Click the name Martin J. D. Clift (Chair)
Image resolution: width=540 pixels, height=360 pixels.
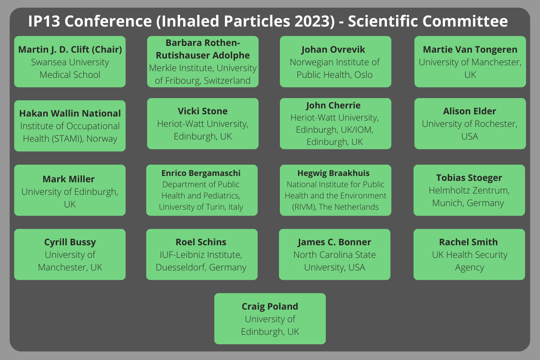click(x=70, y=49)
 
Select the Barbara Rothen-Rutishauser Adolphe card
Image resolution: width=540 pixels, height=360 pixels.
click(x=203, y=62)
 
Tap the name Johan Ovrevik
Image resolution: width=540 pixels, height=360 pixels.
click(x=333, y=49)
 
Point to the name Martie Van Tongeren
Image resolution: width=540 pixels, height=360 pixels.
click(x=470, y=49)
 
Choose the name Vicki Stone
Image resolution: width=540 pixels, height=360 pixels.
click(x=202, y=111)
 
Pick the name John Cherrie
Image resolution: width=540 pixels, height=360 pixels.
click(x=333, y=105)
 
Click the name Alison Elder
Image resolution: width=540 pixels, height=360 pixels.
click(x=470, y=111)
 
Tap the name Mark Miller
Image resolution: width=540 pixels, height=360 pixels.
click(x=68, y=179)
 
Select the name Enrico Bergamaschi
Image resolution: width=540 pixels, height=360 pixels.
click(x=201, y=173)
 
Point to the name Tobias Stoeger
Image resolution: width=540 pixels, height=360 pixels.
click(x=469, y=178)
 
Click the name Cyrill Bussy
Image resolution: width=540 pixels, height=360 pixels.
click(x=70, y=242)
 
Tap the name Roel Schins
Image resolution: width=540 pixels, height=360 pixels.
click(x=201, y=242)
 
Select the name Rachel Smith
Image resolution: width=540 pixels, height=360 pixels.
click(x=468, y=242)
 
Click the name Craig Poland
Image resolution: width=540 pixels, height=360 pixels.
click(x=270, y=306)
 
